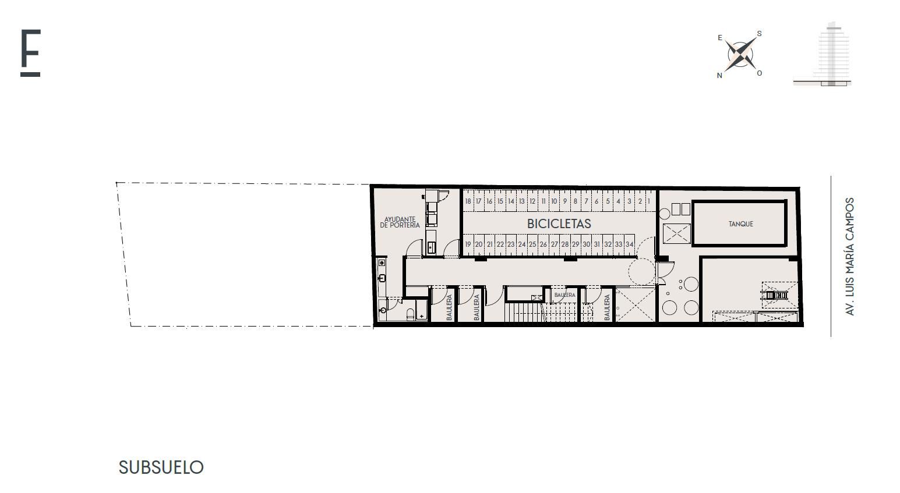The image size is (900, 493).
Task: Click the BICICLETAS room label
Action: [x=559, y=224]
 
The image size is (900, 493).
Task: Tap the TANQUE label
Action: [x=740, y=224]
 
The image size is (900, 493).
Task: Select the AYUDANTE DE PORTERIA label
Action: [x=400, y=222]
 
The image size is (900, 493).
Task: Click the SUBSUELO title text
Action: [x=161, y=467]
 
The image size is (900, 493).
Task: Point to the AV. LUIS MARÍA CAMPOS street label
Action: [x=849, y=256]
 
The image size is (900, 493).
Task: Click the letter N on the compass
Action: [x=719, y=76]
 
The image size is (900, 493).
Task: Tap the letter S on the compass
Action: [x=760, y=34]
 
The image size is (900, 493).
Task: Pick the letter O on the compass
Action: [x=760, y=73]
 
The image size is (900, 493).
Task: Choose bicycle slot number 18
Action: [x=468, y=201]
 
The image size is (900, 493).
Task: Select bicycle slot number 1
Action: [x=648, y=201]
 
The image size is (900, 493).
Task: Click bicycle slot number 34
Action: [x=629, y=244]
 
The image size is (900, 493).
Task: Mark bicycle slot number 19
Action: [x=468, y=244]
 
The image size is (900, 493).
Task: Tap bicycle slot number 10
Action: [x=554, y=201]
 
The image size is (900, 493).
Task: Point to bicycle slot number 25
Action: [x=532, y=244]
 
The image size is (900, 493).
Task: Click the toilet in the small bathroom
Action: [x=411, y=314]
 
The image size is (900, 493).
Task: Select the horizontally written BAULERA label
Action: [x=564, y=295]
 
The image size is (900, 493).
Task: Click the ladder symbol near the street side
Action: [x=774, y=296]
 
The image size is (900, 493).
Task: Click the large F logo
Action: [x=30, y=52]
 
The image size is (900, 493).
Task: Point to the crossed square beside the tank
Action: [x=677, y=233]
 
